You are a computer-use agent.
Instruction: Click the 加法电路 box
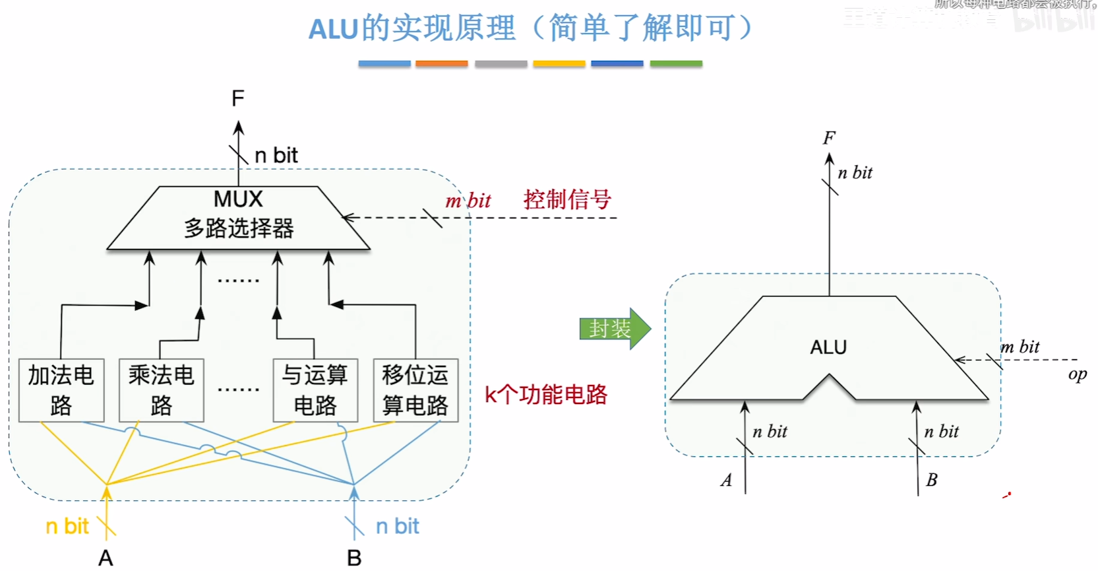coord(61,390)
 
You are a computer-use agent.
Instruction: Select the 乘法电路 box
coord(161,390)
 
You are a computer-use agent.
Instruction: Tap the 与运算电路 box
coord(315,390)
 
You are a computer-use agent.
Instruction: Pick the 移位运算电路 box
coord(415,390)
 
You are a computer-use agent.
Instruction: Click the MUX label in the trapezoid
coord(238,199)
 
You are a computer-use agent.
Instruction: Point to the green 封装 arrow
coord(614,328)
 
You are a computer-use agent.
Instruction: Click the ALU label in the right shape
coord(828,347)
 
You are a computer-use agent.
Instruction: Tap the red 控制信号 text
coord(567,199)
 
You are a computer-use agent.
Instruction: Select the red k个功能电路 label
coord(546,395)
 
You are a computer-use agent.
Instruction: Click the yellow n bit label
coord(67,526)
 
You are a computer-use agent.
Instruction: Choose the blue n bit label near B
coord(398,526)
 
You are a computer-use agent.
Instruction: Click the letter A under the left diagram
coord(106,558)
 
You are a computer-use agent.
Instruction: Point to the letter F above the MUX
coord(238,99)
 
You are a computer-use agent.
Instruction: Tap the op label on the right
coord(1078,374)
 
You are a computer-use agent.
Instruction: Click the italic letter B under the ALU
coord(931,480)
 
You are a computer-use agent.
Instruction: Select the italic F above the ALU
coord(829,138)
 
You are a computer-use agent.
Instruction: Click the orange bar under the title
coord(442,64)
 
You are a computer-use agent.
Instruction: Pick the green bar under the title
coord(676,64)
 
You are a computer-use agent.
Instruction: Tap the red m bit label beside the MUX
coord(468,201)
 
